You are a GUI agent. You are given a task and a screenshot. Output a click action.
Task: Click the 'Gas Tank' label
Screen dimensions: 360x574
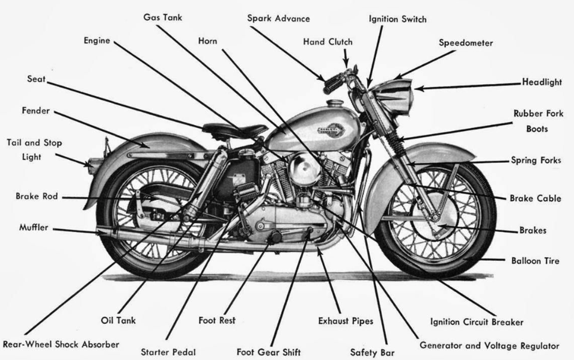tap(162, 17)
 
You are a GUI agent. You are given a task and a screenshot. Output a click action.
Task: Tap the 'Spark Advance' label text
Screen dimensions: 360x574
tap(278, 18)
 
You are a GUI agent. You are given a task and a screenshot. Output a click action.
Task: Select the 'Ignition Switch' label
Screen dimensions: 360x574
tap(397, 19)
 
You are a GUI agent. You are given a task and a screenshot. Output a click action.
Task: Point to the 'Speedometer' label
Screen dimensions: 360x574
tap(465, 43)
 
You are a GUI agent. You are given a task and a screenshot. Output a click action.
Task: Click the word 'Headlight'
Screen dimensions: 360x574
tap(541, 82)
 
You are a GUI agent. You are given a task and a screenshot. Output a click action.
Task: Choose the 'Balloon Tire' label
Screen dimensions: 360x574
tap(535, 261)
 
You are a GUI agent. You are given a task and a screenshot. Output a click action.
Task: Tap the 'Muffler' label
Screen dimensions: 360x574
tap(33, 228)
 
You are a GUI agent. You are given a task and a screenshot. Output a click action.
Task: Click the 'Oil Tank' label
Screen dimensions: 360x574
tap(118, 320)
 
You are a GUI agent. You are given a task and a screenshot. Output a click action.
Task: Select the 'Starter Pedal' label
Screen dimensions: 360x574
tap(168, 352)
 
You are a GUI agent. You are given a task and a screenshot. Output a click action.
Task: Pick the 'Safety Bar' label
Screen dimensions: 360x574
tap(372, 352)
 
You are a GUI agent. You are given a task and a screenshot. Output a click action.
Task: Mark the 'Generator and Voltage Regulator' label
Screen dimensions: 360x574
tap(489, 346)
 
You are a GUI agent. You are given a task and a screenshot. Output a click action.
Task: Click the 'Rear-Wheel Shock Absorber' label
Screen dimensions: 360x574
tap(61, 344)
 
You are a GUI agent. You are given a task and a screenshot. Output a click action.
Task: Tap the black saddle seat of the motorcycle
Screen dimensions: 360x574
tap(234, 129)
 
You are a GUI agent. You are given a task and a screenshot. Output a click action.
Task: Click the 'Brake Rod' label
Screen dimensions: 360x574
tap(37, 197)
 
